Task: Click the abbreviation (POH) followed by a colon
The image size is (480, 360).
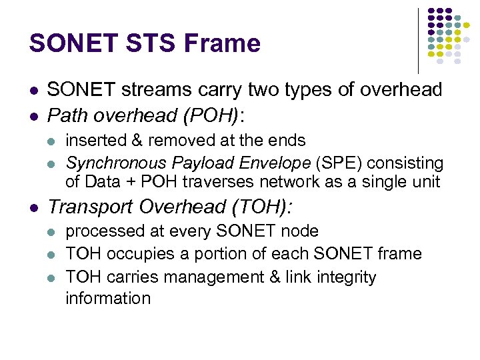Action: pyautogui.click(x=218, y=117)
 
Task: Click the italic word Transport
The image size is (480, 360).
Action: pyautogui.click(x=88, y=207)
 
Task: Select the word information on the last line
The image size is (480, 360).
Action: pyautogui.click(x=107, y=298)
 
